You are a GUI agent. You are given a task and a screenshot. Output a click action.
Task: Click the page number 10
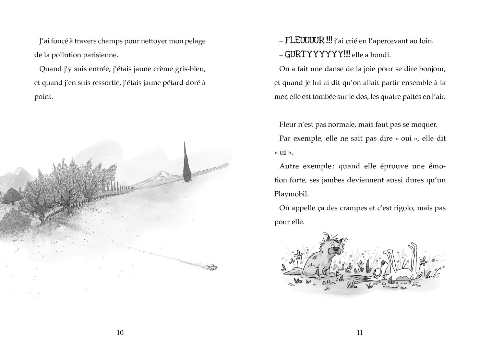coord(120,332)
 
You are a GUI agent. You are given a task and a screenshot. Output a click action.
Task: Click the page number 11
coord(360,332)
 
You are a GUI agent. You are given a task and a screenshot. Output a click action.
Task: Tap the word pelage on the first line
coord(195,41)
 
